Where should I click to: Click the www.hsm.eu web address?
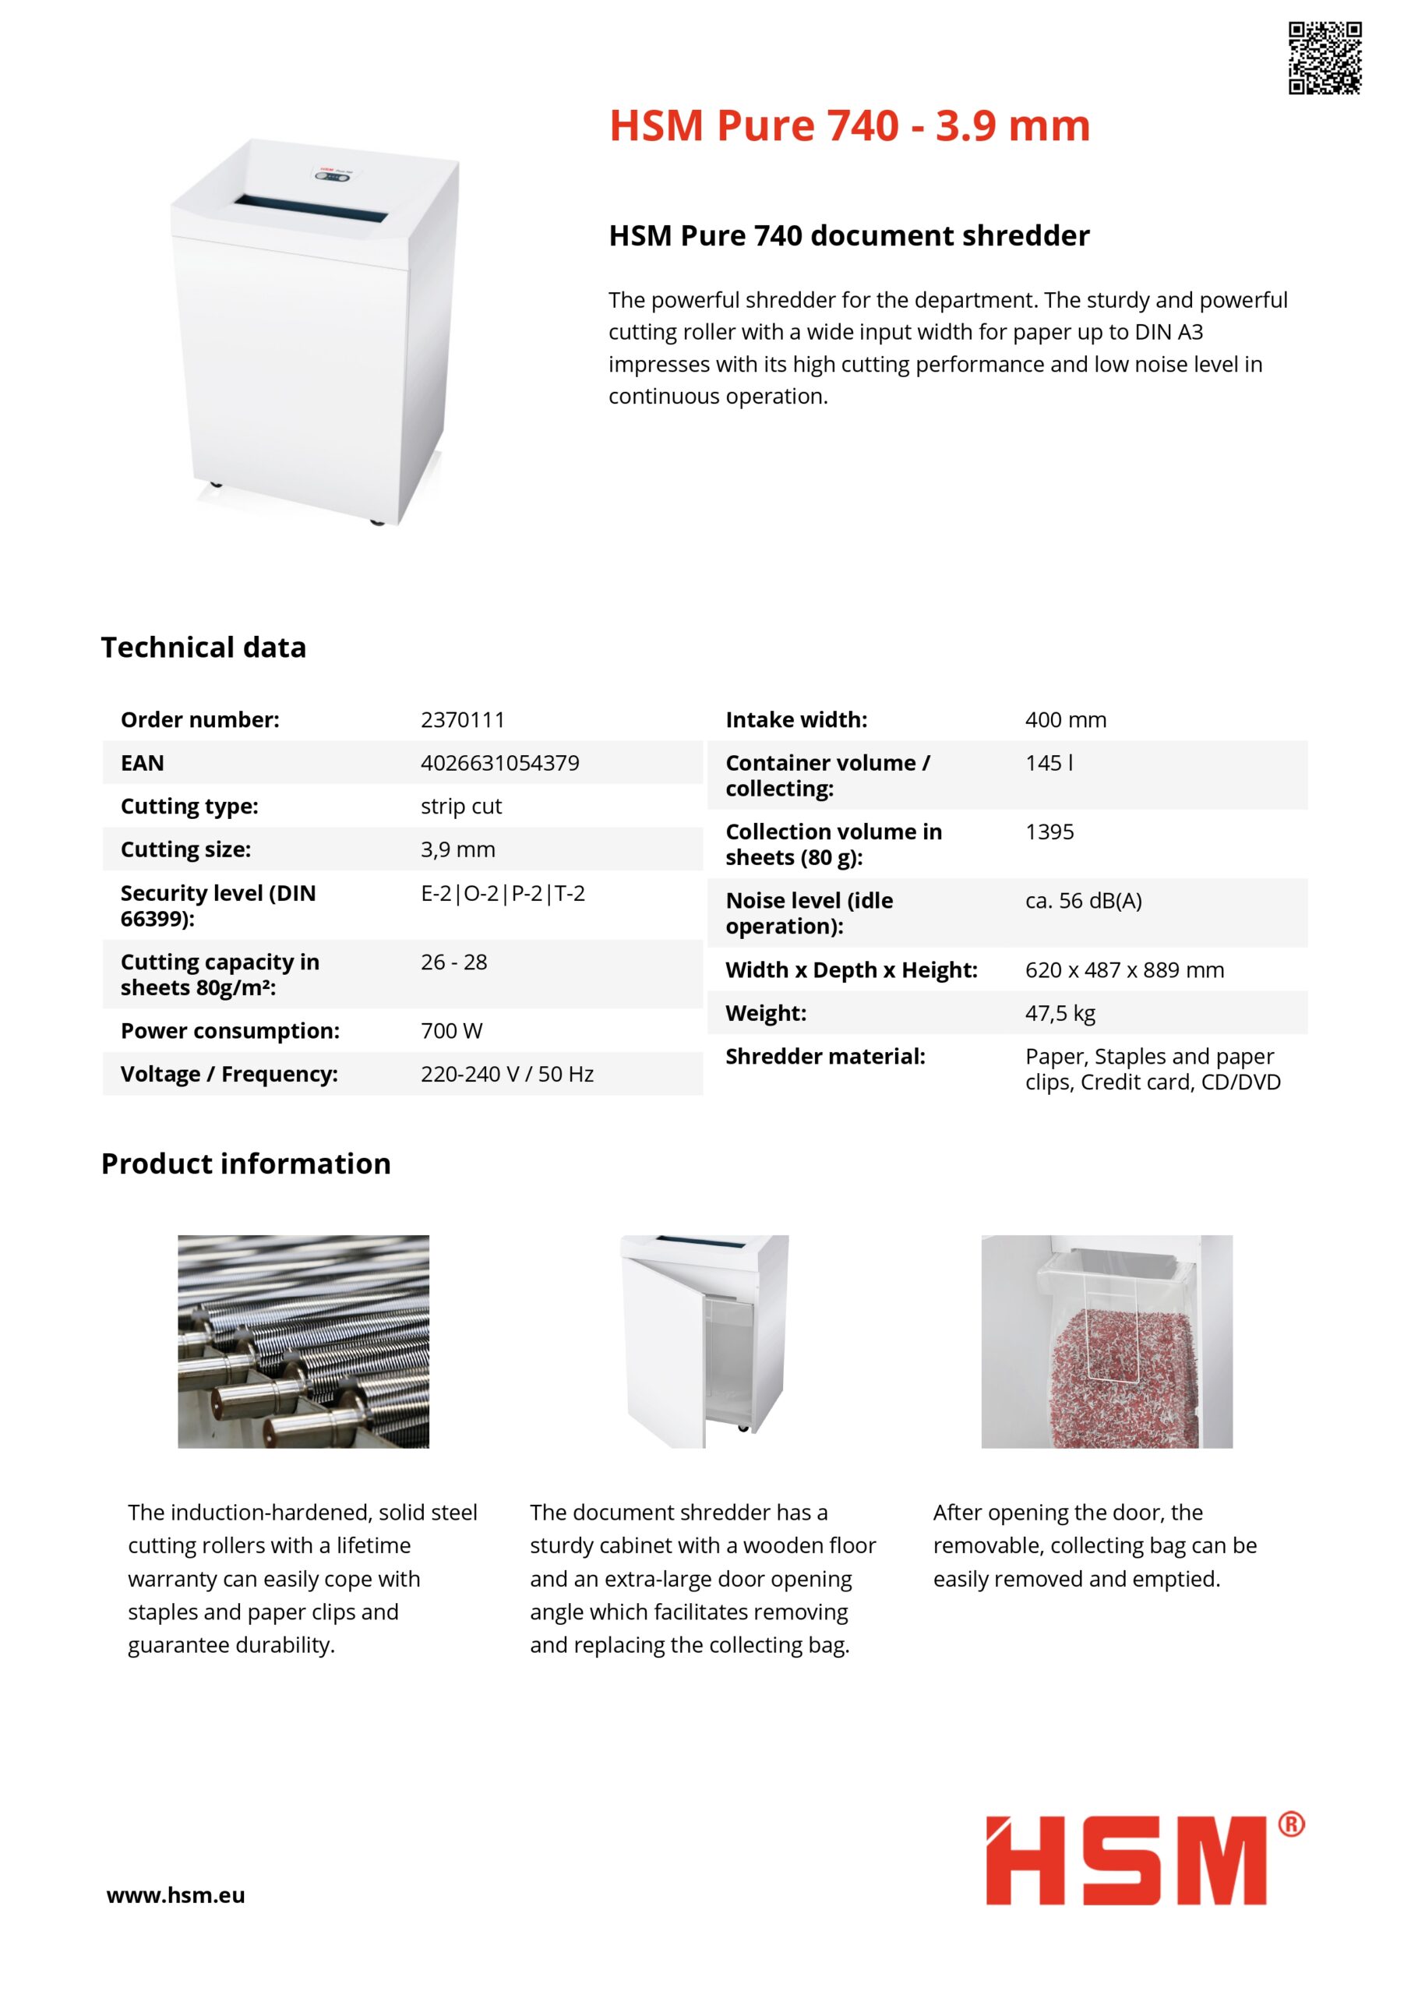175,1895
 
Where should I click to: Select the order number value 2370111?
462,719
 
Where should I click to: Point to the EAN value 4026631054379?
499,763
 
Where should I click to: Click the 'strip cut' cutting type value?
460,807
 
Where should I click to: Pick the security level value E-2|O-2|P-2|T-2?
503,893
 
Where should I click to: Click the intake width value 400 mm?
1065,719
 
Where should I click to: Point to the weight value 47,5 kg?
1060,1013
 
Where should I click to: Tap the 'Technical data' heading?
203,648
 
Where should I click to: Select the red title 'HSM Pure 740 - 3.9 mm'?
848,125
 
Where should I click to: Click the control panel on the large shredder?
331,176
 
